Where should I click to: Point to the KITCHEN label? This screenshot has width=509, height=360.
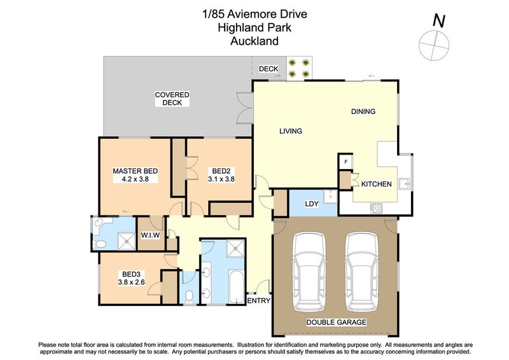[x=376, y=184]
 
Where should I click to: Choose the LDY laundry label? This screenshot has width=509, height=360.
[x=312, y=204]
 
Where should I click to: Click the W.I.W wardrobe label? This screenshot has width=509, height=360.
[x=150, y=235]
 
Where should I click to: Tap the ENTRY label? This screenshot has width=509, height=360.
[x=258, y=301]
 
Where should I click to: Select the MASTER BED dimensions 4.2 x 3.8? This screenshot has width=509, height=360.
[x=135, y=179]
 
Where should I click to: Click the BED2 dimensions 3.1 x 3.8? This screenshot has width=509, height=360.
[x=221, y=179]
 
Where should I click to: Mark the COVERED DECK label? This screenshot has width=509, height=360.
[x=172, y=99]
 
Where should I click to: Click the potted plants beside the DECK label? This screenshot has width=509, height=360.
[x=299, y=68]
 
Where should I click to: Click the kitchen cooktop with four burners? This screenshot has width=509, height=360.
[x=376, y=207]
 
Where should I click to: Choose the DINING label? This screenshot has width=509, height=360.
[x=363, y=111]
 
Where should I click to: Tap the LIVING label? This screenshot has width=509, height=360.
[x=290, y=131]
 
